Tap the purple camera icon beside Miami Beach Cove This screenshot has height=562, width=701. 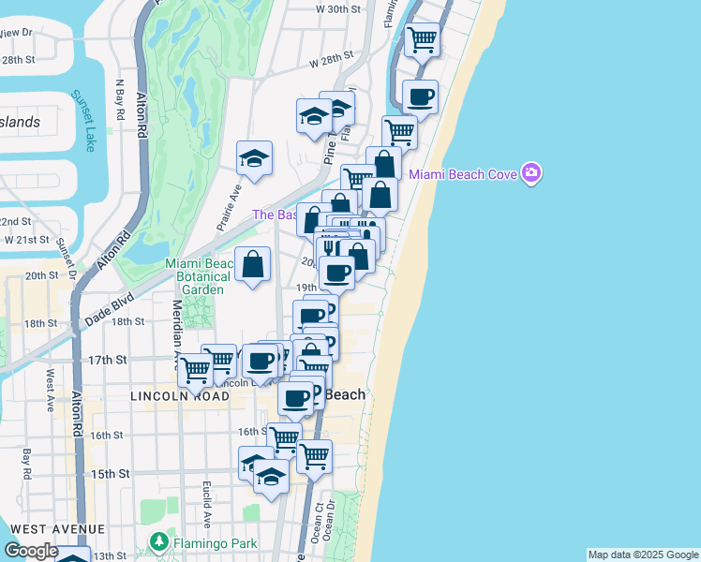point(532,173)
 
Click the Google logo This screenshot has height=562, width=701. point(31,552)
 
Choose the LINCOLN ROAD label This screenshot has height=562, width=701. point(175,396)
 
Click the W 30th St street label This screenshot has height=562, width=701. point(338,8)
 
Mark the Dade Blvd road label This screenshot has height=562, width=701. point(109,304)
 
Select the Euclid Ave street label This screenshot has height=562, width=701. point(206,505)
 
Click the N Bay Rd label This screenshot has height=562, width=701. point(119,102)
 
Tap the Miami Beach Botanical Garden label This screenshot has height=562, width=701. point(195,276)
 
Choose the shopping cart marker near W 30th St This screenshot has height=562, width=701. point(422,39)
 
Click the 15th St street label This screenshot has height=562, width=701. point(109,474)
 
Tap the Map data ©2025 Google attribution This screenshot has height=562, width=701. point(643,555)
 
